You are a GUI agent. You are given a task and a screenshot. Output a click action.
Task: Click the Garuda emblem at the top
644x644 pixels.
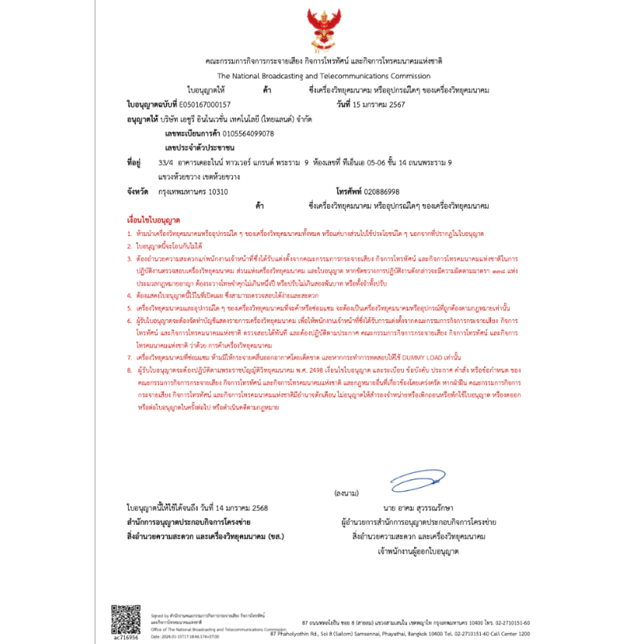coord(322,30)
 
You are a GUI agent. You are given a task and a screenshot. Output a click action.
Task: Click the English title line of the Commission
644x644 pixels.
coord(318,76)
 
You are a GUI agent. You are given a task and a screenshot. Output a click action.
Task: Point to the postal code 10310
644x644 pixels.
coord(216,191)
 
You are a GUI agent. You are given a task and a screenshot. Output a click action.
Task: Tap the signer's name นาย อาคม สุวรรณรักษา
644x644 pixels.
coord(419,508)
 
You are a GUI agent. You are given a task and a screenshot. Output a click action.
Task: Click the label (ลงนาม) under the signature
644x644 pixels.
coord(345,493)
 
